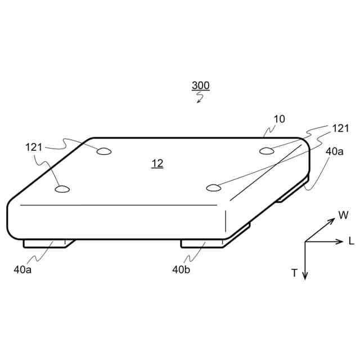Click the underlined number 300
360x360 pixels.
201,85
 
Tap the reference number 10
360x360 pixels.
280,119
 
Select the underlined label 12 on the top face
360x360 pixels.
157,164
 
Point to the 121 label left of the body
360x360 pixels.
34,147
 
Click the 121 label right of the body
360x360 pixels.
341,128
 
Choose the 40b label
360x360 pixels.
181,269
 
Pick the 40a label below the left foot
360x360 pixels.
22,269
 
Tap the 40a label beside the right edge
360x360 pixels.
335,151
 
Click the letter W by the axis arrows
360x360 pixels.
343,215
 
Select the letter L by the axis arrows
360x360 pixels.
351,241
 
